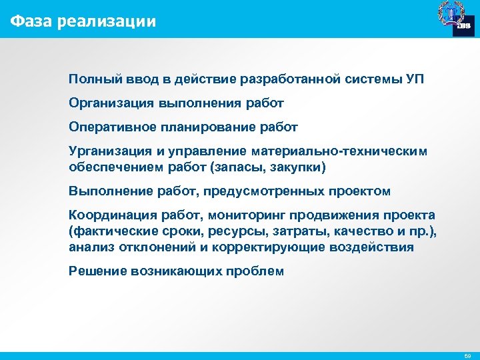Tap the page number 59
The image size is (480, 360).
(x=466, y=356)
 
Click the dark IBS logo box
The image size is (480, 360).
(x=463, y=25)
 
